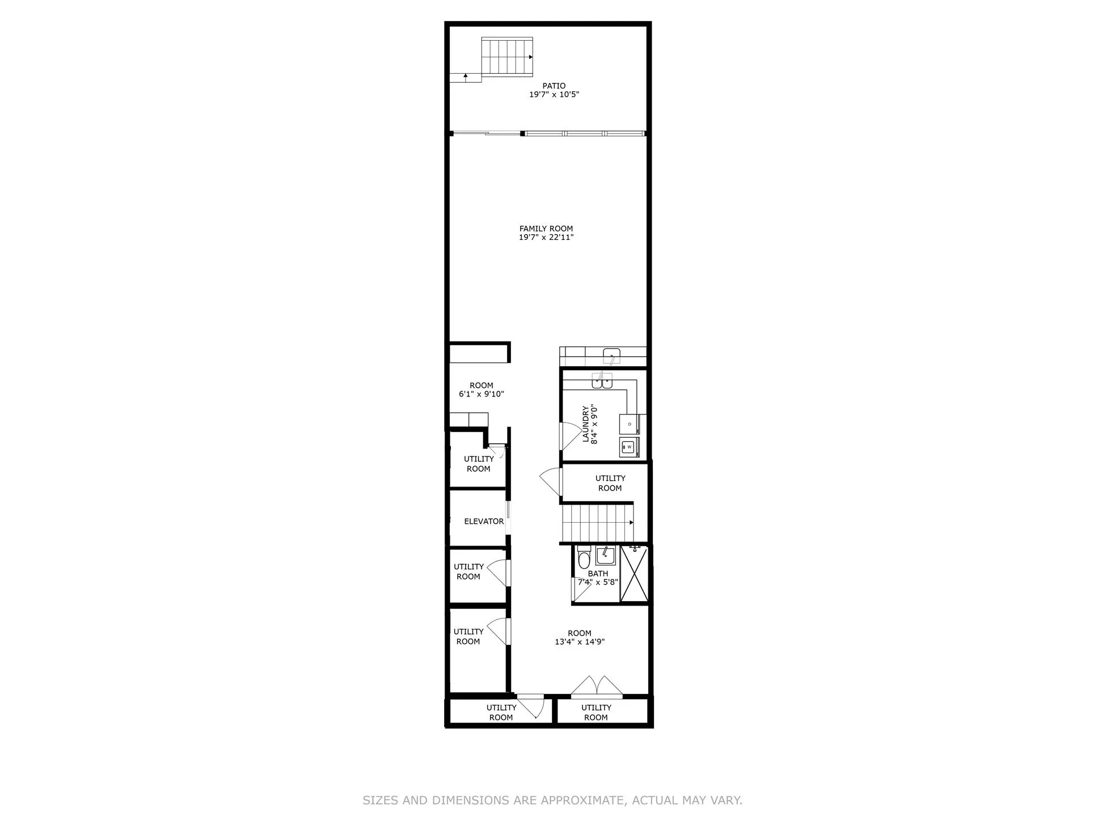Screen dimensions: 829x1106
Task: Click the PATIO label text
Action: click(x=554, y=86)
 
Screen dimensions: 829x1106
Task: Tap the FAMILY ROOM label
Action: click(x=546, y=229)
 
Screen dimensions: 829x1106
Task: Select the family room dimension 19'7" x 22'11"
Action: click(x=546, y=238)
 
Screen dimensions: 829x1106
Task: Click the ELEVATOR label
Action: click(x=483, y=522)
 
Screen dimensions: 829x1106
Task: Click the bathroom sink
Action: click(x=605, y=556)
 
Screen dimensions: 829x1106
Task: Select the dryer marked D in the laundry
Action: click(x=630, y=424)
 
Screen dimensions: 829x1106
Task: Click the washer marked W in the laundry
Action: click(x=628, y=447)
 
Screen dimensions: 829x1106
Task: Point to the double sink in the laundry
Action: click(x=602, y=382)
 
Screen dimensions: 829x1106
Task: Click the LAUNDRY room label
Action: click(x=586, y=424)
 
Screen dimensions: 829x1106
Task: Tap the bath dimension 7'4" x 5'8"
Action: click(x=597, y=582)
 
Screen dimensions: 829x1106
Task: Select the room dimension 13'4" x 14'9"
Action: click(x=579, y=642)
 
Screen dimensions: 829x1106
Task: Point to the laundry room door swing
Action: click(x=568, y=436)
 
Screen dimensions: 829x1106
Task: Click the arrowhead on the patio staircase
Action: click(x=531, y=57)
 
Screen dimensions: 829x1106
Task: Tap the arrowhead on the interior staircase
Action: click(x=631, y=523)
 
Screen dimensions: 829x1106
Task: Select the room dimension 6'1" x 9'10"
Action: click(x=481, y=394)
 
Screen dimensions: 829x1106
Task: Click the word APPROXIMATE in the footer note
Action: click(x=582, y=801)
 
